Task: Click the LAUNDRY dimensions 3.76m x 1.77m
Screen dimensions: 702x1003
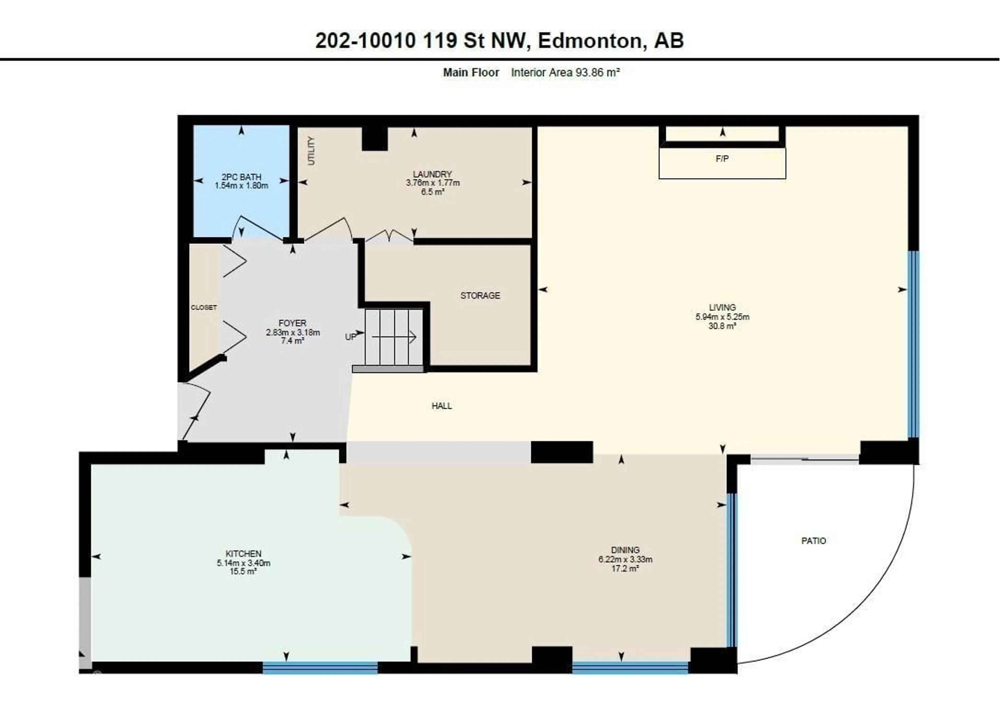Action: point(433,183)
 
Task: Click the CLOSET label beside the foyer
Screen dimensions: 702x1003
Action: point(203,308)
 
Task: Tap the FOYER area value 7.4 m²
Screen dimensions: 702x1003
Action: point(292,341)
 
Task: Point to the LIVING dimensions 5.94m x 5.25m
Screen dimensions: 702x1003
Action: point(722,317)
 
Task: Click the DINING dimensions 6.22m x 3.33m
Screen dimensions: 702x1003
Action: point(625,559)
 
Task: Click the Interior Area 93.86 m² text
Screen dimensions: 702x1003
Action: point(565,73)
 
